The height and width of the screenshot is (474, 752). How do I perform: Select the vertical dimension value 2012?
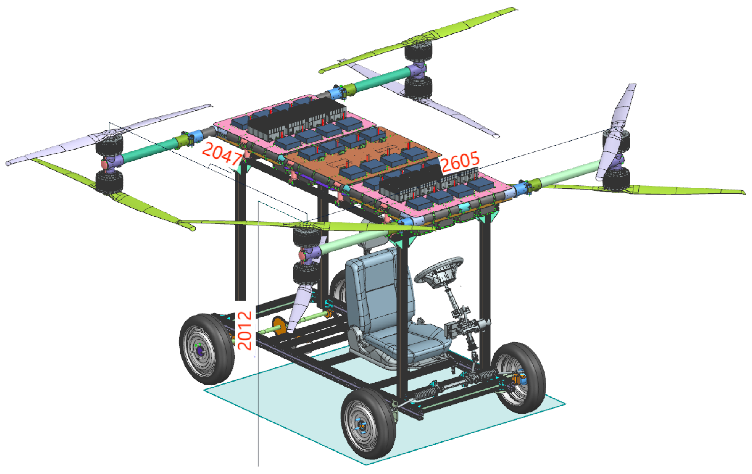click(x=245, y=330)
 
